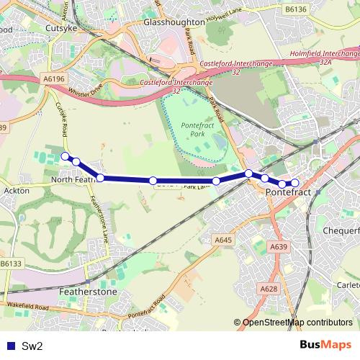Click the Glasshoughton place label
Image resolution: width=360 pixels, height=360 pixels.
click(x=174, y=22)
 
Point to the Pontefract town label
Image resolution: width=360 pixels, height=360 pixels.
click(x=287, y=193)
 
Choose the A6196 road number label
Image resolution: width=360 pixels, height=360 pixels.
click(x=54, y=78)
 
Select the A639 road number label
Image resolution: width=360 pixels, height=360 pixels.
click(x=279, y=246)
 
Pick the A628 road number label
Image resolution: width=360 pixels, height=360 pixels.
click(x=269, y=289)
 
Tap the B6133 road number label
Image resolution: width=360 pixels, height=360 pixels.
click(x=12, y=264)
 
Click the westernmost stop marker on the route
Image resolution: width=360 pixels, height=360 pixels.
click(x=65, y=156)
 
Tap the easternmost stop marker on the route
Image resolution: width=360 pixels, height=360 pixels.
click(x=294, y=183)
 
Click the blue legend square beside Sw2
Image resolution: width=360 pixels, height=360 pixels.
click(x=9, y=346)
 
